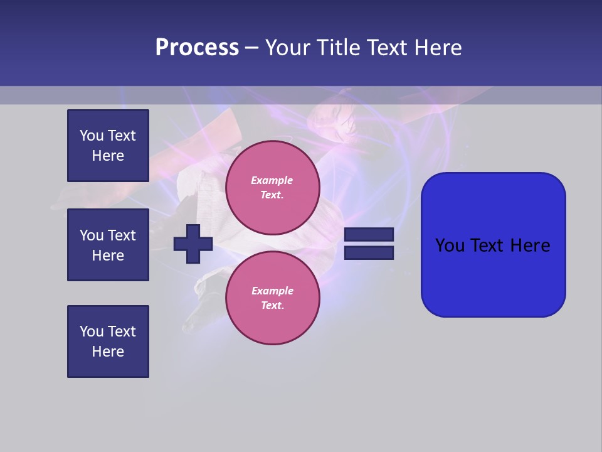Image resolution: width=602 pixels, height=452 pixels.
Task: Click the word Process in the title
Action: point(197,48)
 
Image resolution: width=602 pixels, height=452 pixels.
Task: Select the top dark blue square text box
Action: point(108,146)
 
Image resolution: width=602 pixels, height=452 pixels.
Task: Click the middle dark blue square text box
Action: point(108,245)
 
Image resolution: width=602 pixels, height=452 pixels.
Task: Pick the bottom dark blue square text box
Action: point(108,342)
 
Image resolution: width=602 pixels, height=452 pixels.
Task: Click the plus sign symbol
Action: point(193,244)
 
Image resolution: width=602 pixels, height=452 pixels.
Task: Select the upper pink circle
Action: point(273,188)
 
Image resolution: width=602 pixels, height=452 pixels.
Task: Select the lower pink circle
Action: point(273,298)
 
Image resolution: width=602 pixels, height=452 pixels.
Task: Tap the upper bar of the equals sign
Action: point(369,235)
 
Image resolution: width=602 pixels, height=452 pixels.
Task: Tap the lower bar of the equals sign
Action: point(369,253)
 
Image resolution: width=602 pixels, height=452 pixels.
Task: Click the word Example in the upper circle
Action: point(272,180)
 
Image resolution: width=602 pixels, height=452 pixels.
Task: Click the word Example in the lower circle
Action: point(272,291)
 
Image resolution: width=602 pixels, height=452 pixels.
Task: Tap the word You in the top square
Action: point(92,136)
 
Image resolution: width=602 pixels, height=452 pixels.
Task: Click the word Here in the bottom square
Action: point(108,352)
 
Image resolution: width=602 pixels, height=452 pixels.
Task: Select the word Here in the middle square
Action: point(108,256)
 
